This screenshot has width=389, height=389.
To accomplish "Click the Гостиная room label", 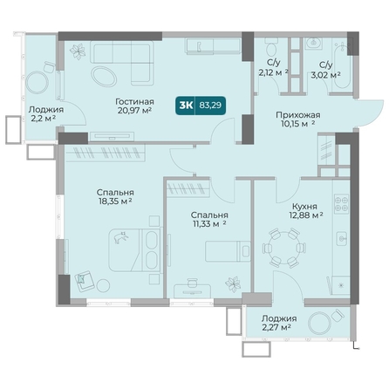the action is click(134, 102).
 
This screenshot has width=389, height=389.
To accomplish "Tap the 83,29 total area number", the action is click(210, 106).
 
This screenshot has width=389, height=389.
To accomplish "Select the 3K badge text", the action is click(186, 106).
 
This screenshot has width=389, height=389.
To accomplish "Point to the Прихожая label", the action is click(298, 115).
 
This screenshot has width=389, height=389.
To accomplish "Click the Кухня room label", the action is click(304, 207).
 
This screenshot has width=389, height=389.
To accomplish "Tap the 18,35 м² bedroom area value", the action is click(115, 201).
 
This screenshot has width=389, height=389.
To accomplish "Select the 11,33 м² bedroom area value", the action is click(208, 224).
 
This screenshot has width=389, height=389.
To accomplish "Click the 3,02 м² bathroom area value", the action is click(325, 75).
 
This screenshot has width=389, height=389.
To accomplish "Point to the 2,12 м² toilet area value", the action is click(273, 72).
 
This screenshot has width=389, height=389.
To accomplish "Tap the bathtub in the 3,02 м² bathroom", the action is click(343, 65).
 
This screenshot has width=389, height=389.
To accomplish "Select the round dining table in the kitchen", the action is click(283, 248).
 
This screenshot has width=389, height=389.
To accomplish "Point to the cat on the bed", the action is click(121, 237).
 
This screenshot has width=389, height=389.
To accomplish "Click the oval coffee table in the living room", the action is click(104, 77).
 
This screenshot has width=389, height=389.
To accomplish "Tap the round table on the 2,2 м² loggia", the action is click(38, 83).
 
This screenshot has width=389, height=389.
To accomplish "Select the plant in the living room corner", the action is click(78, 51).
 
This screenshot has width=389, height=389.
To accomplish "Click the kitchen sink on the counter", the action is click(342, 238).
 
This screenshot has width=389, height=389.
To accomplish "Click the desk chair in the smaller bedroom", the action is click(192, 283).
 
